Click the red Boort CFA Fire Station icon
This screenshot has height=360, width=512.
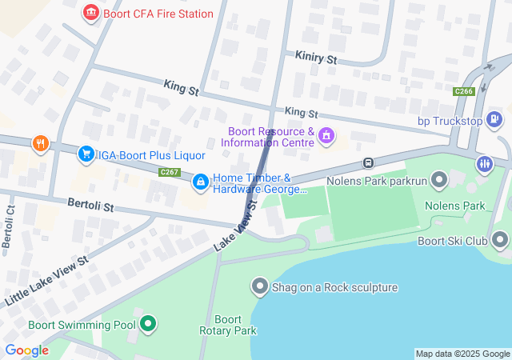90,13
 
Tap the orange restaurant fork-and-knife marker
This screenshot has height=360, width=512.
41,143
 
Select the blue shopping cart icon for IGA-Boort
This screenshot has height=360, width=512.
86,154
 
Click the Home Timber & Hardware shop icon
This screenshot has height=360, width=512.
201,183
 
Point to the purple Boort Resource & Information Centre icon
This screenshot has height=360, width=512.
326,137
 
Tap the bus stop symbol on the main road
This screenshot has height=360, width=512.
368,162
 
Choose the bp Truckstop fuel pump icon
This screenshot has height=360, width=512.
494,120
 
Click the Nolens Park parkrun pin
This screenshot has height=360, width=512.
438,181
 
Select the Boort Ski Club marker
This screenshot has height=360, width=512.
500,239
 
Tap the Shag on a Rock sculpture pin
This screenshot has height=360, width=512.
259,286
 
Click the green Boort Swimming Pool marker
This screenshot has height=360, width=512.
148,324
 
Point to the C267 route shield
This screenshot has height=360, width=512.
169,172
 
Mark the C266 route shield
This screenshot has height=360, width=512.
463,92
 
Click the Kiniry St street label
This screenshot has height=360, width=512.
316,58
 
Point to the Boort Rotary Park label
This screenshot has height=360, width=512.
228,325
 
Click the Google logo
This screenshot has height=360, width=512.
26,350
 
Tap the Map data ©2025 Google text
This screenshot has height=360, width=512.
462,354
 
